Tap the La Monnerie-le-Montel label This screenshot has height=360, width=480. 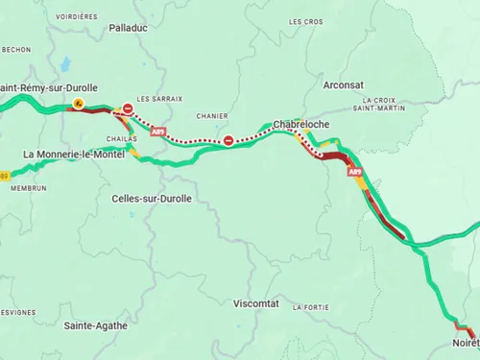click(x=73, y=155)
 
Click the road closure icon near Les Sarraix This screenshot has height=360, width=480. click(x=128, y=108)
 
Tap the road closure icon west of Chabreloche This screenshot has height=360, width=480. click(x=228, y=141)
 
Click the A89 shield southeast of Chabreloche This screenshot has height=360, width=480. click(x=355, y=172)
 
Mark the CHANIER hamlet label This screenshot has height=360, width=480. click(x=211, y=116)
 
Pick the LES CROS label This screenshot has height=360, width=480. click(x=305, y=21)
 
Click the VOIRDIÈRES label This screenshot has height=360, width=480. click(x=77, y=16)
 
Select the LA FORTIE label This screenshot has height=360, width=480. click(x=312, y=307)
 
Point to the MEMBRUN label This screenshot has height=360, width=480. click(x=28, y=188)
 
